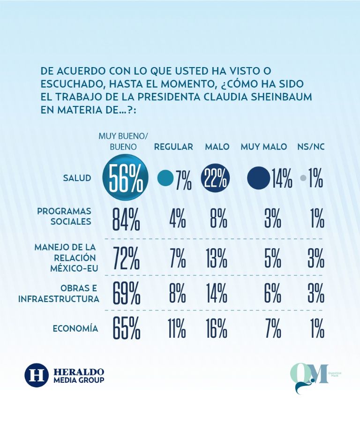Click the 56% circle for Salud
(125, 179)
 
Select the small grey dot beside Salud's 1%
(303, 178)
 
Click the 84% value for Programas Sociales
(126, 219)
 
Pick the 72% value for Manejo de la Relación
(126, 258)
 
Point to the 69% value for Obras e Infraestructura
(126, 293)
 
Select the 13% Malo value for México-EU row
(217, 258)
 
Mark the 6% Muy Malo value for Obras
(272, 293)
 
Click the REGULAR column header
(173, 147)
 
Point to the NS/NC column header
(311, 147)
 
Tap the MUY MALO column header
(263, 147)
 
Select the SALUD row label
(77, 178)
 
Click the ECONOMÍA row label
(75, 328)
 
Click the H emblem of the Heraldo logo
(37, 374)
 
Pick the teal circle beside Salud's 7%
(165, 178)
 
